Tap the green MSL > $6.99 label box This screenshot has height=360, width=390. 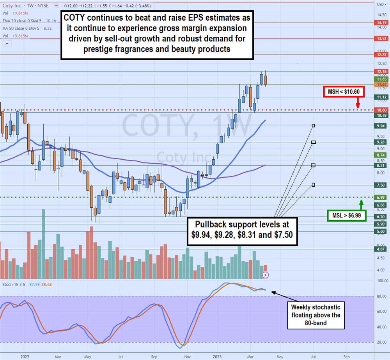(346, 216)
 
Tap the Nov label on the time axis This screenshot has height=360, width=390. (188, 356)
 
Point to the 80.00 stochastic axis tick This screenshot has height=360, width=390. (381, 296)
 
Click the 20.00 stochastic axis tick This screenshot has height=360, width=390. (381, 342)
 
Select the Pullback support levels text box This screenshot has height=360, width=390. (243, 231)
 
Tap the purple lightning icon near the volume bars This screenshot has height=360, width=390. (265, 275)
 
